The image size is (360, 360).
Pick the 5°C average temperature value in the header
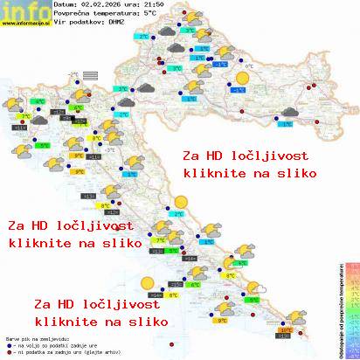153,14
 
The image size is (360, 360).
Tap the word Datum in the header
65,5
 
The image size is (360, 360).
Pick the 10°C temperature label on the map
286,329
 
